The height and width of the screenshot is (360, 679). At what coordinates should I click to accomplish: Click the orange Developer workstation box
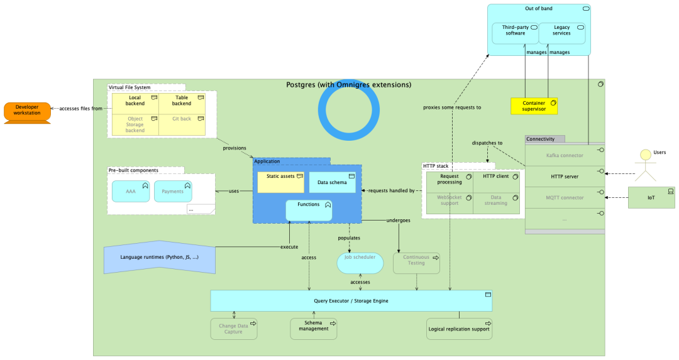pyautogui.click(x=27, y=112)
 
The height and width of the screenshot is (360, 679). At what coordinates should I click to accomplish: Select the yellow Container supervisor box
pyautogui.click(x=534, y=106)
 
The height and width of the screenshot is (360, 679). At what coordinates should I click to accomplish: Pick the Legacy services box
pyautogui.click(x=561, y=33)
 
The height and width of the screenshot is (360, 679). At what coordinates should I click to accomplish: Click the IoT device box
pyautogui.click(x=651, y=197)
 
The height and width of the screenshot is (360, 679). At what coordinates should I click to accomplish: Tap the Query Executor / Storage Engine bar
pyautogui.click(x=351, y=301)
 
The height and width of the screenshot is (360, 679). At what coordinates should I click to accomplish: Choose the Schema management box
pyautogui.click(x=313, y=329)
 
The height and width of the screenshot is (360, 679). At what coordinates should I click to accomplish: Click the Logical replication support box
pyautogui.click(x=459, y=329)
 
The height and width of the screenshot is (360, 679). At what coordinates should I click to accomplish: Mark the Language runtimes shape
pyautogui.click(x=159, y=257)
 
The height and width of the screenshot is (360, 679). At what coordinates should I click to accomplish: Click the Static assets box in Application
pyautogui.click(x=280, y=182)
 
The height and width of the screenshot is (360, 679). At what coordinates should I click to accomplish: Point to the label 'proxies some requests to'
pyautogui.click(x=451, y=107)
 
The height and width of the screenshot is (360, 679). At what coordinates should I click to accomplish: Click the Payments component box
pyautogui.click(x=172, y=191)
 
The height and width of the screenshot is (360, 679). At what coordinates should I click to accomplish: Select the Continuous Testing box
pyautogui.click(x=416, y=263)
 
